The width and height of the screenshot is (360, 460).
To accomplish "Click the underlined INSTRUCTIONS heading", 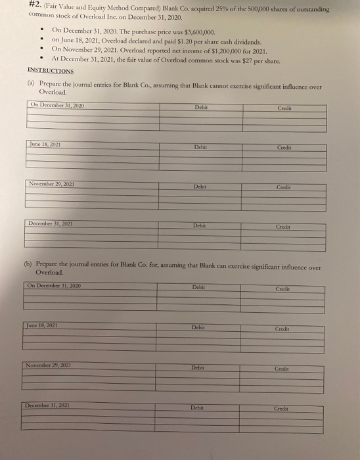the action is [x=51, y=70].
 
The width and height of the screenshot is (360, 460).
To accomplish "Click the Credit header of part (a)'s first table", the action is [x=284, y=106].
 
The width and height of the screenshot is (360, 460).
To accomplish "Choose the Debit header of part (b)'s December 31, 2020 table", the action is [x=199, y=287].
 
